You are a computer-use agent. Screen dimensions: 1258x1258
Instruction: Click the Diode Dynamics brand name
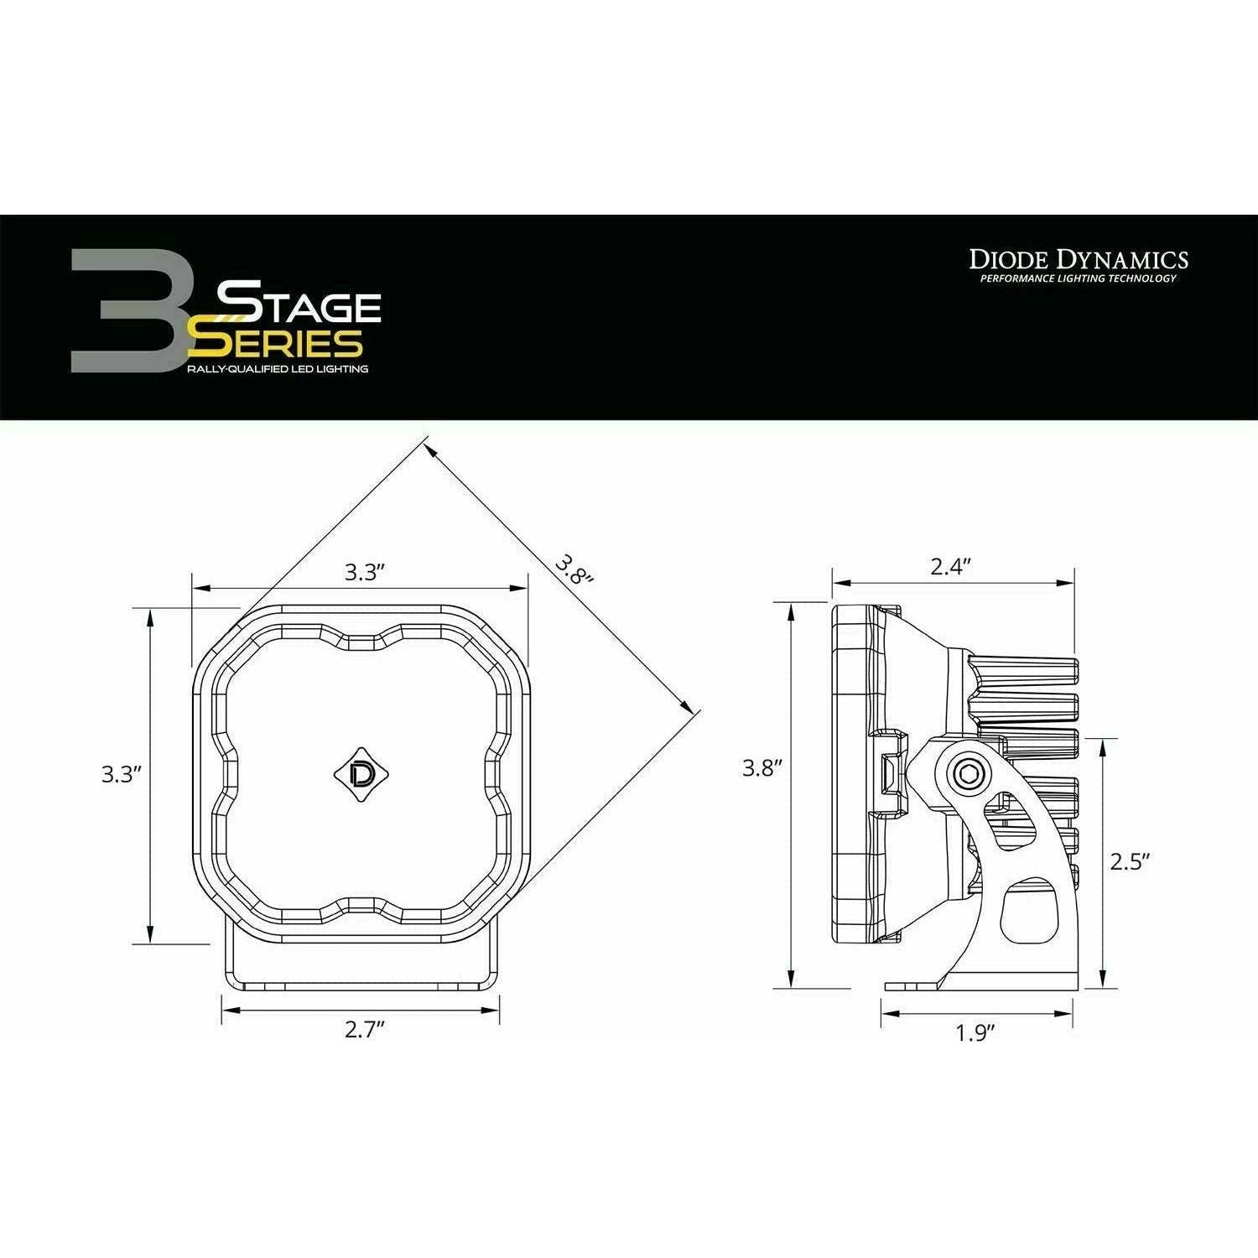[x=1079, y=258]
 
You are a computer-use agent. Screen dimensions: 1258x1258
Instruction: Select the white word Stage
[x=299, y=306]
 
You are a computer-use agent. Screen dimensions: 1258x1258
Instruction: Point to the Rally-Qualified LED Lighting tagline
[x=277, y=369]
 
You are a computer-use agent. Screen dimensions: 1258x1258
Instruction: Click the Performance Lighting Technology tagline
[x=1073, y=278]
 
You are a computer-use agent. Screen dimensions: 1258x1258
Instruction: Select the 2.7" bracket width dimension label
[x=364, y=1031]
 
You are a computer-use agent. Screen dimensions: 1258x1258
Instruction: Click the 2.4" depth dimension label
[x=950, y=566]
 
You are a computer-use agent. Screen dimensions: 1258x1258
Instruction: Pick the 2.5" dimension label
[x=1129, y=861]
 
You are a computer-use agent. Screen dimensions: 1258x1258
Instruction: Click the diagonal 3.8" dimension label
[x=574, y=569]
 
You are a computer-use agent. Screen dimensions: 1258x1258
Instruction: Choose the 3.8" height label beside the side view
[x=762, y=767]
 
